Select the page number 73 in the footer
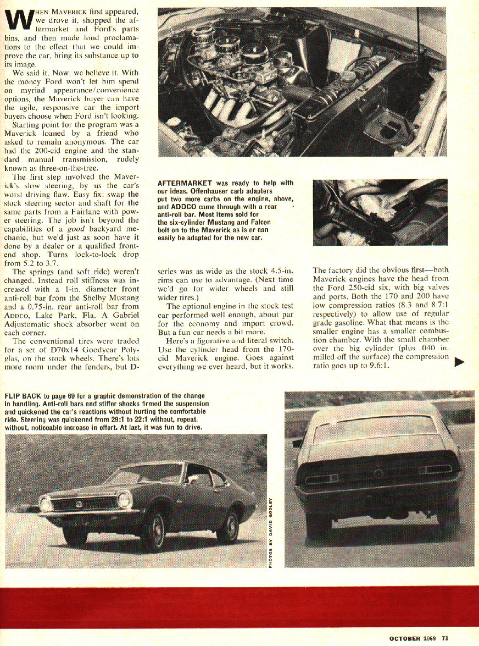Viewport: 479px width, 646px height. [x=444, y=638]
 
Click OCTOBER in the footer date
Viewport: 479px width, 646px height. [x=405, y=638]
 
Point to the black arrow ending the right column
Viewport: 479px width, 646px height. [x=460, y=362]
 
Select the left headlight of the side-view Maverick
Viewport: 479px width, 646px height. [x=46, y=503]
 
